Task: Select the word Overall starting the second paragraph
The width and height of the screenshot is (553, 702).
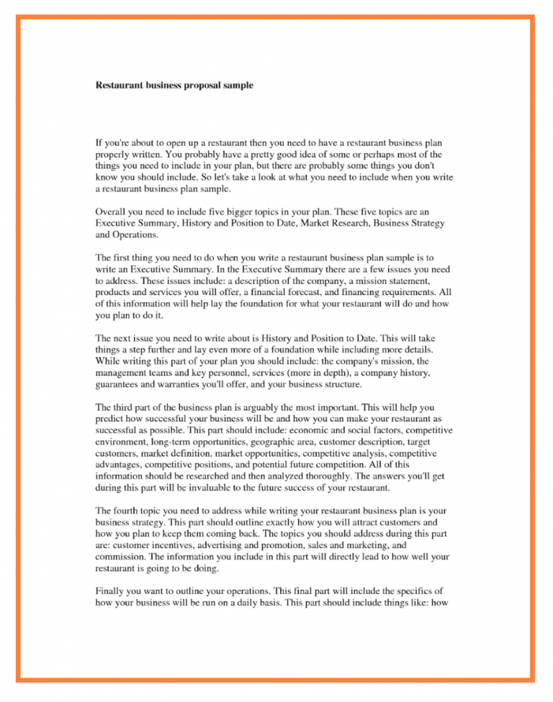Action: (112, 211)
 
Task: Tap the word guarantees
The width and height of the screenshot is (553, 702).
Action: (120, 386)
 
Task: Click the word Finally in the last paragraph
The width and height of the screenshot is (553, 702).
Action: (111, 590)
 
